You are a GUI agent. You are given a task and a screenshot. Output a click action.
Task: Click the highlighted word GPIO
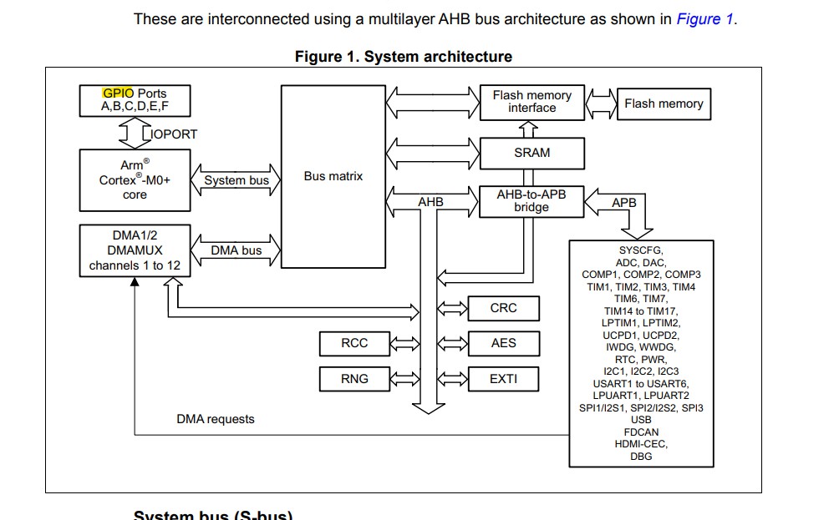click(118, 93)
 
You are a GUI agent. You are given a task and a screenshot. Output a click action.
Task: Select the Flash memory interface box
click(531, 102)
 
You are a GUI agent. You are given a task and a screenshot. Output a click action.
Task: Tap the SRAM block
click(531, 153)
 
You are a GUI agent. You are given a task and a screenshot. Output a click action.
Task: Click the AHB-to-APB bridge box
click(531, 200)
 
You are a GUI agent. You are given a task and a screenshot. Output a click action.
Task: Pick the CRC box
click(503, 308)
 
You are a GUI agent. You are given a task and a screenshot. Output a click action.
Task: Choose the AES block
click(503, 343)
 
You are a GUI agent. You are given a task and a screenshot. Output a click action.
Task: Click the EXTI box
click(503, 379)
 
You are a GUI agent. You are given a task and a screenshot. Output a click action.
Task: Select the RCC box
click(354, 343)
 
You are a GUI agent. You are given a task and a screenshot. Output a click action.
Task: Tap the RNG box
click(354, 379)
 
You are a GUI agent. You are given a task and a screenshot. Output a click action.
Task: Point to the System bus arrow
click(236, 179)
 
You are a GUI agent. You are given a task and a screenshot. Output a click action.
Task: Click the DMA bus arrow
click(236, 250)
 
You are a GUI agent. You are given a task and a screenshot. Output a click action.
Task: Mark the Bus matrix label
click(333, 176)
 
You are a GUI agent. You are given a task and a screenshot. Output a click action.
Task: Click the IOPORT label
click(174, 134)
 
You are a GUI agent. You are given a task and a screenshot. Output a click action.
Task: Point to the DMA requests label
click(216, 419)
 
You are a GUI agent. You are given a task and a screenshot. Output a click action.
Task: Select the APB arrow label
click(624, 203)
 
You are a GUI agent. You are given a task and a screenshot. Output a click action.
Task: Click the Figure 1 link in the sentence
click(704, 19)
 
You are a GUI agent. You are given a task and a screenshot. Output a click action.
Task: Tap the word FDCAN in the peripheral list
click(641, 432)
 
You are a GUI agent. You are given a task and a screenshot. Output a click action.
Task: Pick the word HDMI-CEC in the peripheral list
click(641, 444)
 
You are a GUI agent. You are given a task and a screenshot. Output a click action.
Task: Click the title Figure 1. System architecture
click(403, 57)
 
